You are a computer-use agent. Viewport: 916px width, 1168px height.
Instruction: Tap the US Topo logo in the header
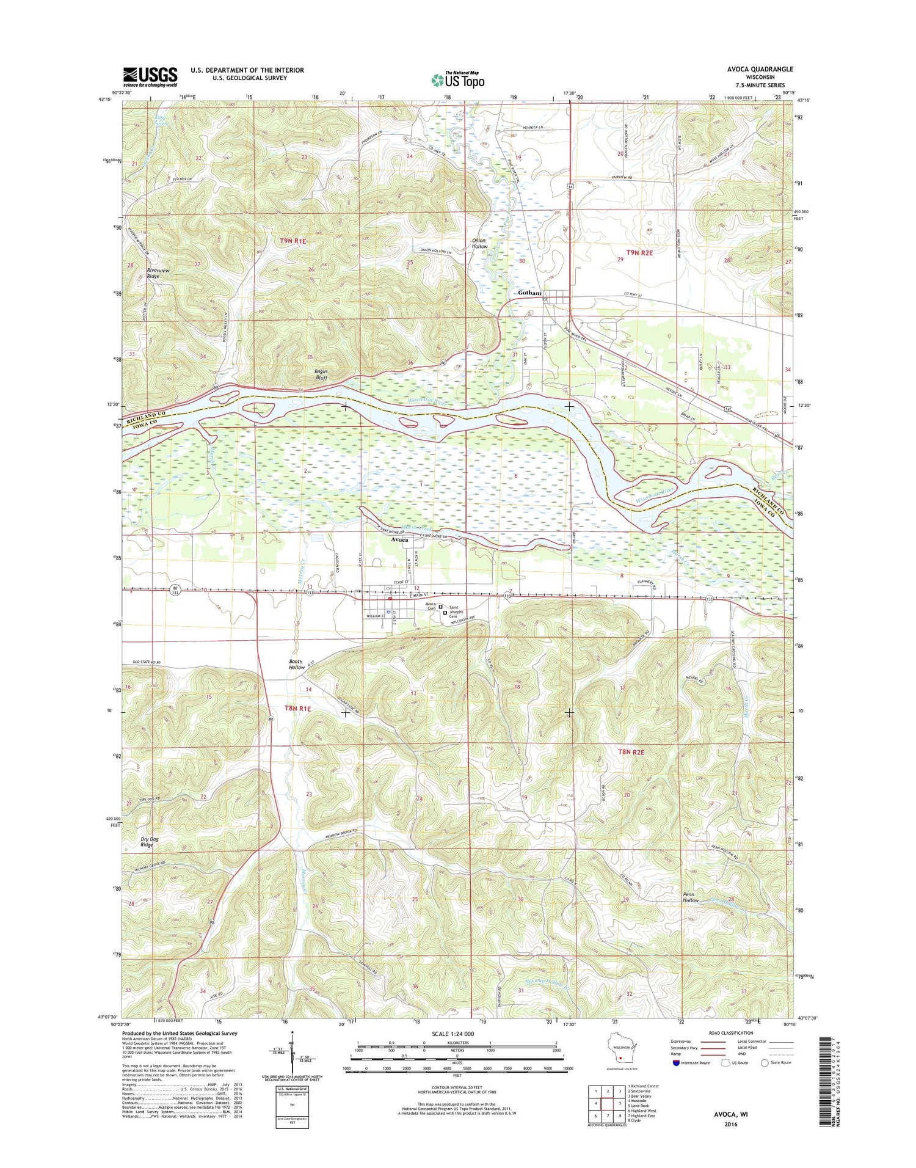pyautogui.click(x=458, y=79)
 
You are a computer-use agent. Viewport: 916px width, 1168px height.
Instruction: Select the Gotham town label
pyautogui.click(x=529, y=293)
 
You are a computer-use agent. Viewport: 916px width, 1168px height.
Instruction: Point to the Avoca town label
pyautogui.click(x=399, y=540)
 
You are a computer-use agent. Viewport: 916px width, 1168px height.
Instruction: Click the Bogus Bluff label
pyautogui.click(x=321, y=374)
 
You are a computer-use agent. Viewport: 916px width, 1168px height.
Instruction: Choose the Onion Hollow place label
pyautogui.click(x=479, y=243)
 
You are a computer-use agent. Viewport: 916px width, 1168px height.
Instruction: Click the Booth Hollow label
pyautogui.click(x=297, y=664)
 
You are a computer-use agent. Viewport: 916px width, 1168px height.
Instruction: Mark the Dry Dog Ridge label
pyautogui.click(x=147, y=842)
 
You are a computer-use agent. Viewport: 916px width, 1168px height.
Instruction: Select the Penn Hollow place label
pyautogui.click(x=691, y=897)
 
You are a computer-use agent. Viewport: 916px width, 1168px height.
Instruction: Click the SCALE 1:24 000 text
pyautogui.click(x=457, y=1034)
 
